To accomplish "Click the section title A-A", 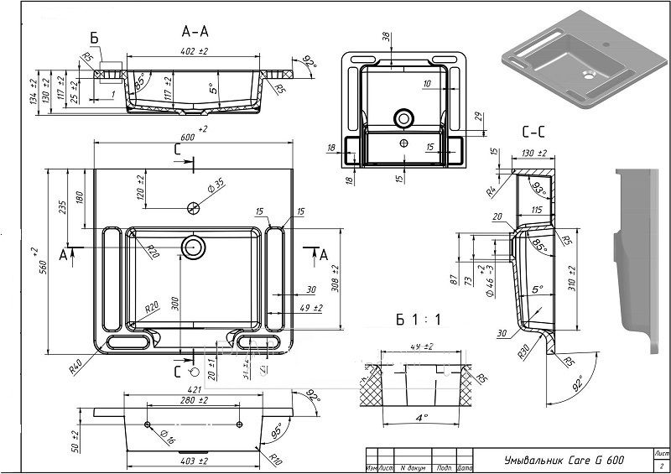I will pyautogui.click(x=195, y=31).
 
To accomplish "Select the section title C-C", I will pyautogui.click(x=535, y=132).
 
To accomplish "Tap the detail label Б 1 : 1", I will pyautogui.click(x=417, y=320).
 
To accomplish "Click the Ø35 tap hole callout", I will pyautogui.click(x=216, y=184).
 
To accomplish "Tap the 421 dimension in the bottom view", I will pyautogui.click(x=194, y=389).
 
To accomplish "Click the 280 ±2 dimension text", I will pyautogui.click(x=194, y=401).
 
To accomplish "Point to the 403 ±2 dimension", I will pyautogui.click(x=194, y=461).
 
